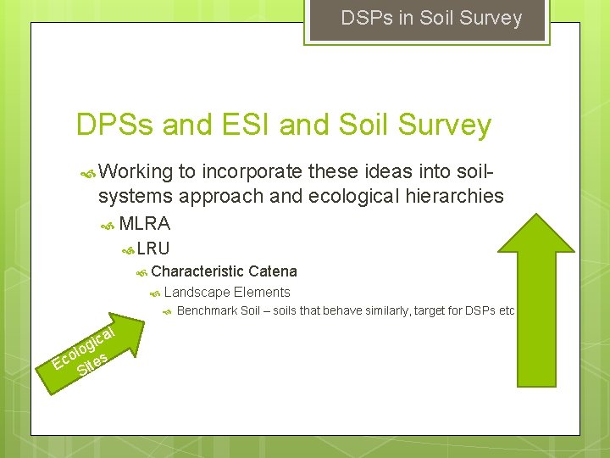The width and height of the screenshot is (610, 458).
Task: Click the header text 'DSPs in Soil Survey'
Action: (431, 18)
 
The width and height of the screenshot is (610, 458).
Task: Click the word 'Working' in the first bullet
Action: (136, 172)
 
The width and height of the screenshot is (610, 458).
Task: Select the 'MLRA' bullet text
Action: (145, 224)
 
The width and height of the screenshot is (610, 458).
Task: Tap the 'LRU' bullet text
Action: (153, 249)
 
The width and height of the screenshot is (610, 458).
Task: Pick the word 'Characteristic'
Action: (197, 271)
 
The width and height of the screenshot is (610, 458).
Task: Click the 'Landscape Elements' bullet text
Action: (227, 293)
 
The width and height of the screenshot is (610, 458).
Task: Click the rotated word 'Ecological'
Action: (82, 347)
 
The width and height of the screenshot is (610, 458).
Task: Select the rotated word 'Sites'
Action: (91, 364)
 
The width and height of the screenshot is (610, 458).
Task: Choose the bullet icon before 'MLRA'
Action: (108, 225)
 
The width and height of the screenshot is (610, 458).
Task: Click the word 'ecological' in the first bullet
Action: (331, 197)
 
